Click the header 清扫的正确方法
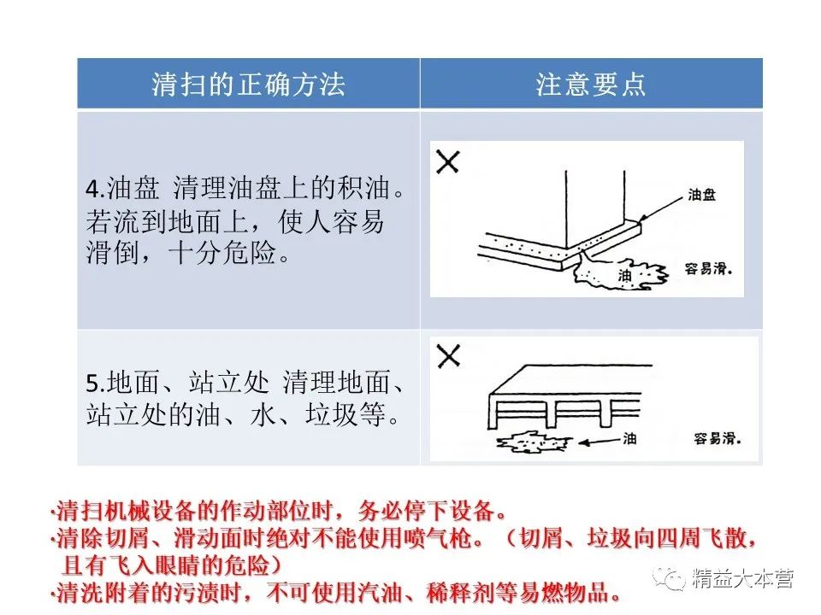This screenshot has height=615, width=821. [248, 85]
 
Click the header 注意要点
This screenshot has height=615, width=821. [591, 85]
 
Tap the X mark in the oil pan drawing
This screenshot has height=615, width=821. [447, 161]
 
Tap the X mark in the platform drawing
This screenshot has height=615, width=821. [448, 355]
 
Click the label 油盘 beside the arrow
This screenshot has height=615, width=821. [701, 195]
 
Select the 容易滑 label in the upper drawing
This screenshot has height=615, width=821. [708, 269]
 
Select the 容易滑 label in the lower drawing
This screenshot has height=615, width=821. [717, 438]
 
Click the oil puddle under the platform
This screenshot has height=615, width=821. [534, 442]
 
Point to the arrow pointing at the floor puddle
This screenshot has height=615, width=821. [600, 441]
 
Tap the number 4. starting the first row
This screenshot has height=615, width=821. [96, 188]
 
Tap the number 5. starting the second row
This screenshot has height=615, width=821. [96, 384]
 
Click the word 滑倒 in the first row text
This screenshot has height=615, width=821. [113, 254]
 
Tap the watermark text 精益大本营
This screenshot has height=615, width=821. [743, 579]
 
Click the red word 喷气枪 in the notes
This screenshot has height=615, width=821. [438, 538]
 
